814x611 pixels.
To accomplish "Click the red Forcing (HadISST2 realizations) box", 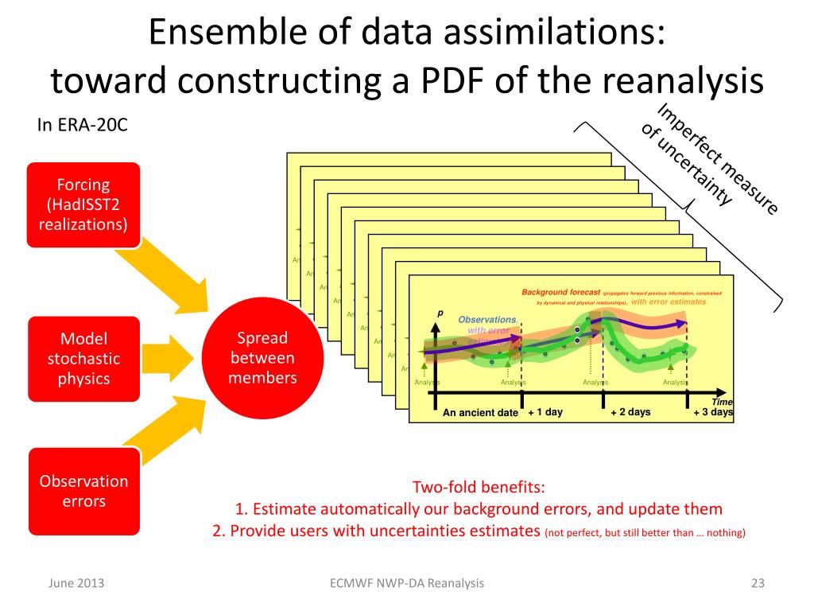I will [83, 204].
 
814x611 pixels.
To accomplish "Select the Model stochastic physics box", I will [83, 358].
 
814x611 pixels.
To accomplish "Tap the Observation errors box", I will [83, 491].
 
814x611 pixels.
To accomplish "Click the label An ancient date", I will [480, 413].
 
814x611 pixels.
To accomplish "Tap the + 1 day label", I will [545, 412].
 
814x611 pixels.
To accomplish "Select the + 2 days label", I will [630, 412].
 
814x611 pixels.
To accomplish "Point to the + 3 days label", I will [713, 412].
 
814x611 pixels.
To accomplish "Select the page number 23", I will [757, 584].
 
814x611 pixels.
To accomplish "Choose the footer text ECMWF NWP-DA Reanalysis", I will [406, 584].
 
